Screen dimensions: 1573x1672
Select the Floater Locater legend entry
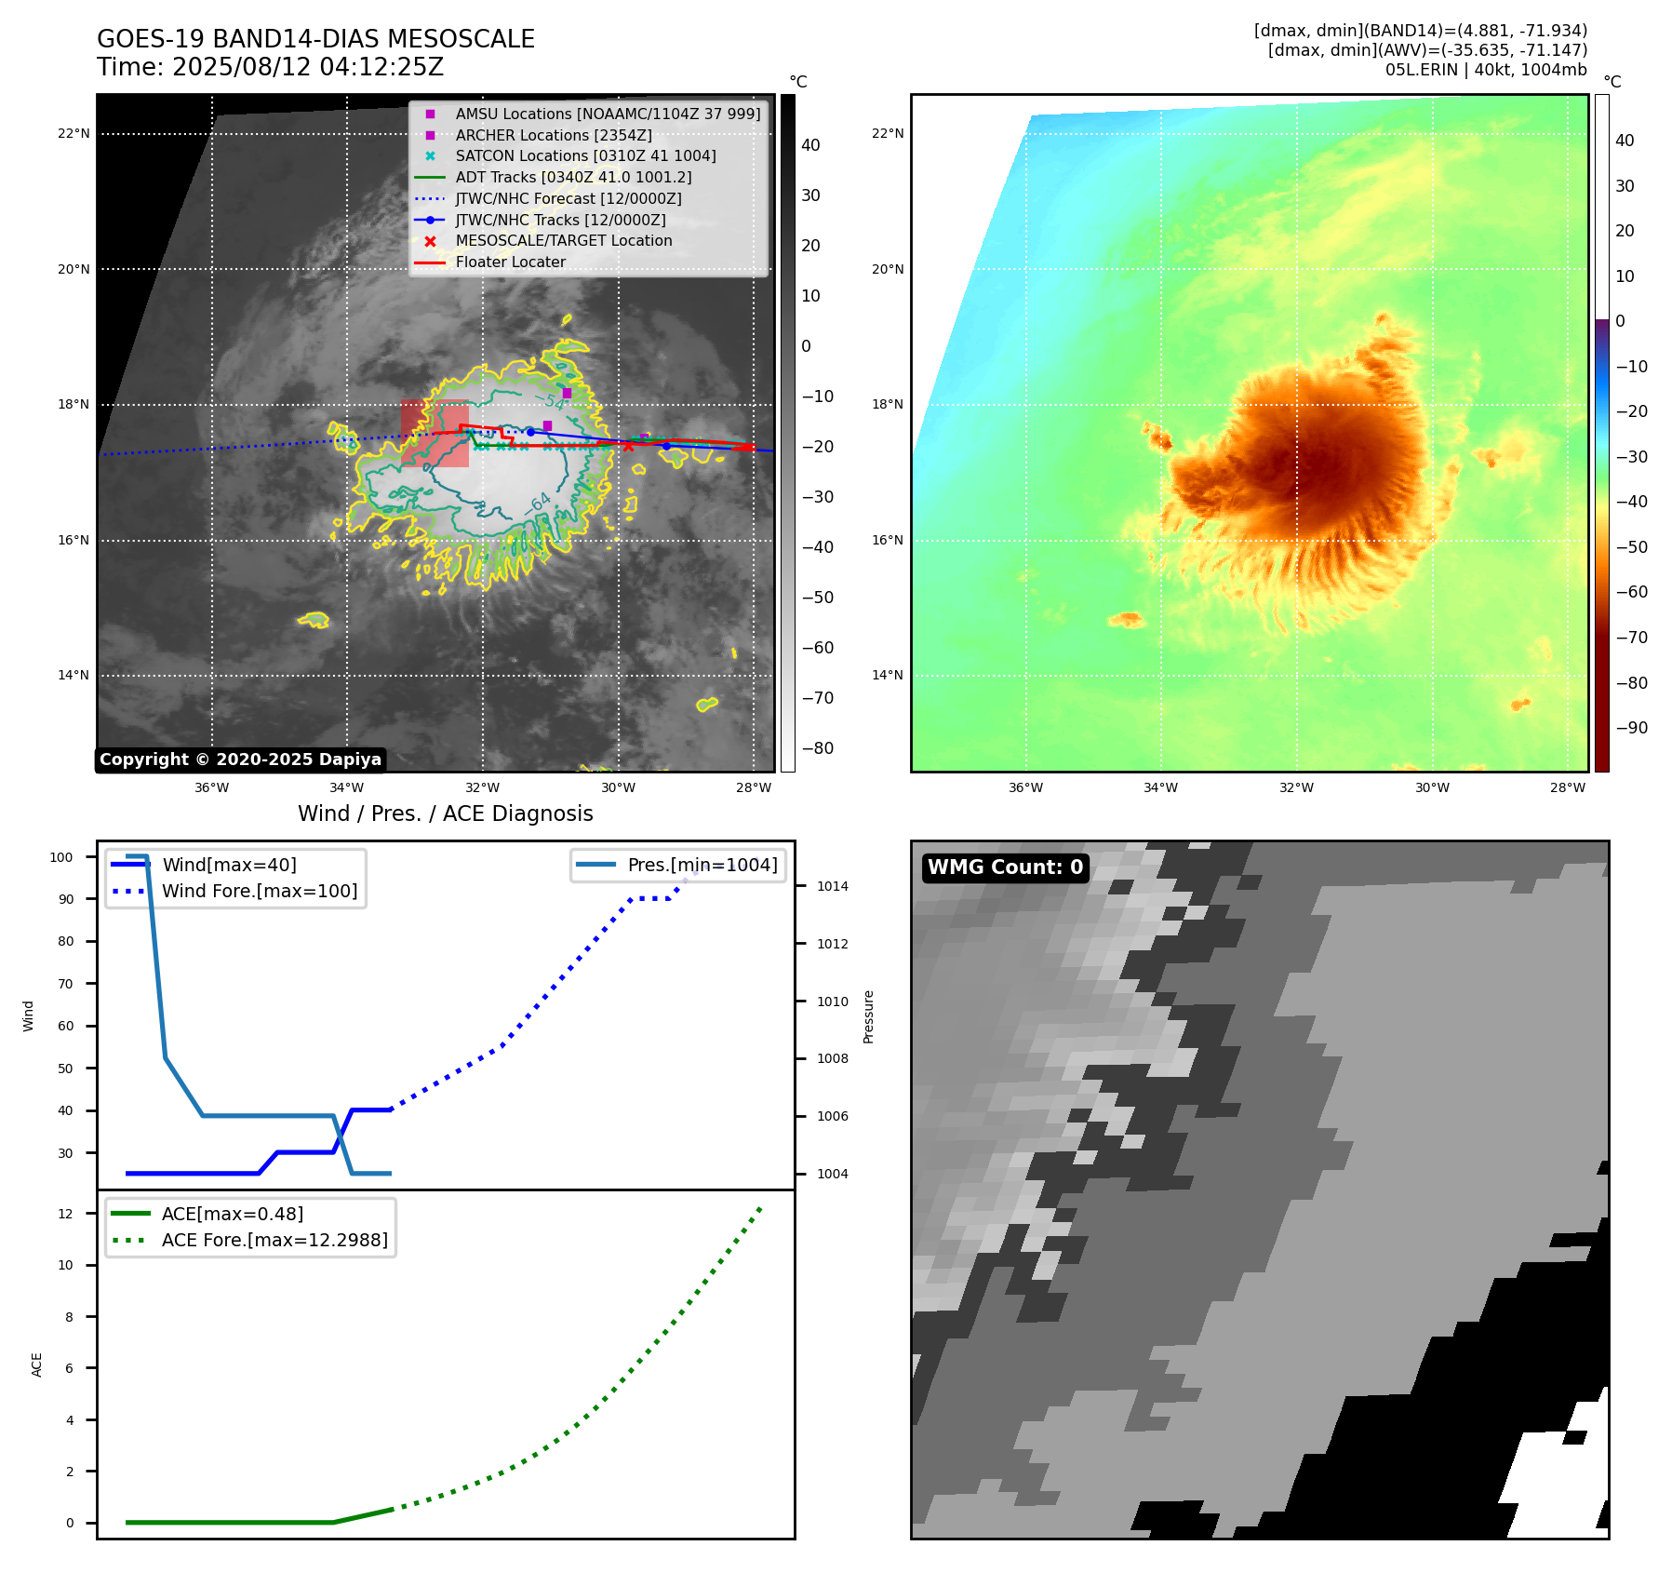pyautogui.click(x=510, y=262)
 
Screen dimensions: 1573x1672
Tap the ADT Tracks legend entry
pyautogui.click(x=573, y=177)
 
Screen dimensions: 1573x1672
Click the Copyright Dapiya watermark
pyautogui.click(x=240, y=760)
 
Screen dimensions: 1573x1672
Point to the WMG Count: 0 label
pyautogui.click(x=1005, y=867)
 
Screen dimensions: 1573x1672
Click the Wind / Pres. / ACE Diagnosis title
pyautogui.click(x=445, y=813)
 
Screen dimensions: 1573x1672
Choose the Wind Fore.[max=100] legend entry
pyautogui.click(x=259, y=891)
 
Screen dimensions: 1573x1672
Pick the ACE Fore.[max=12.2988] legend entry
pyautogui.click(x=274, y=1240)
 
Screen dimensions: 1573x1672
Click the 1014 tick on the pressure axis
pyautogui.click(x=832, y=886)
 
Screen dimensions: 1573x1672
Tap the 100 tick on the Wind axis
pyautogui.click(x=61, y=857)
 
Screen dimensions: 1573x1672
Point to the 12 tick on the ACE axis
pyautogui.click(x=65, y=1214)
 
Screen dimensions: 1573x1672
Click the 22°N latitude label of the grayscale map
pyautogui.click(x=74, y=133)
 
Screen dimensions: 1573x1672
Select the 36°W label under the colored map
pyautogui.click(x=1025, y=787)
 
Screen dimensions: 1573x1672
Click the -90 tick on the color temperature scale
pyautogui.click(x=1631, y=728)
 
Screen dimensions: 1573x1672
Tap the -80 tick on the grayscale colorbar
pyautogui.click(x=818, y=748)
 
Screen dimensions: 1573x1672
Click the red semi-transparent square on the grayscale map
pyautogui.click(x=435, y=434)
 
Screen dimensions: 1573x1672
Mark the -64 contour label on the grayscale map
pyautogui.click(x=539, y=504)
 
